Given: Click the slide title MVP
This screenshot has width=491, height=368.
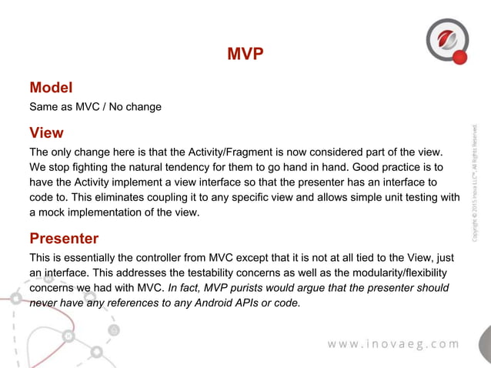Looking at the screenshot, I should [x=245, y=54].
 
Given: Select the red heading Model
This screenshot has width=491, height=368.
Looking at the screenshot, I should [x=51, y=88].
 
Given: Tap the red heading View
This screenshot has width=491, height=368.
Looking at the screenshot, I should [x=46, y=132].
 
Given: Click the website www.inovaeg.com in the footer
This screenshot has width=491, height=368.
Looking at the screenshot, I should [x=393, y=343].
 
